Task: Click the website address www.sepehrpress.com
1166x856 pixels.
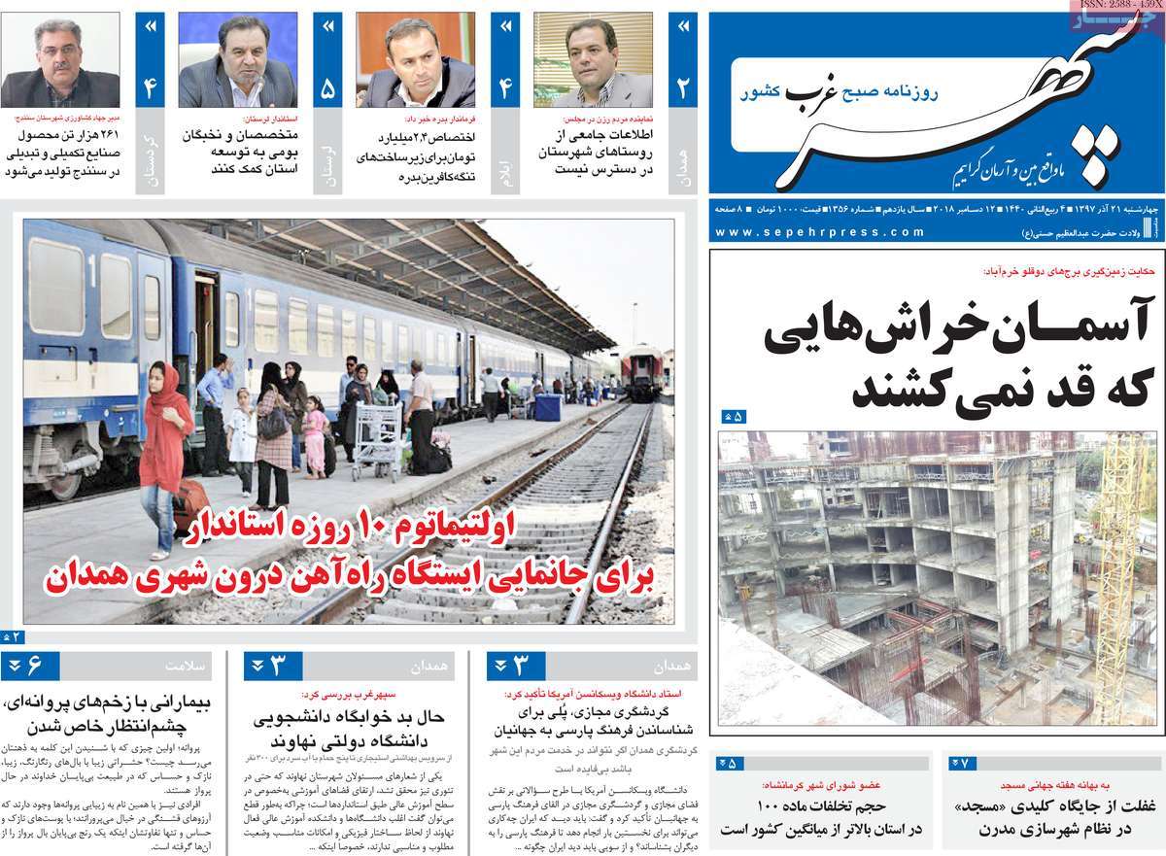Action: tap(820, 232)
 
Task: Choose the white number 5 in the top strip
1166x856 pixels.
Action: tap(327, 89)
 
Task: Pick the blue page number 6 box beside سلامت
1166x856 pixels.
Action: tap(30, 667)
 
